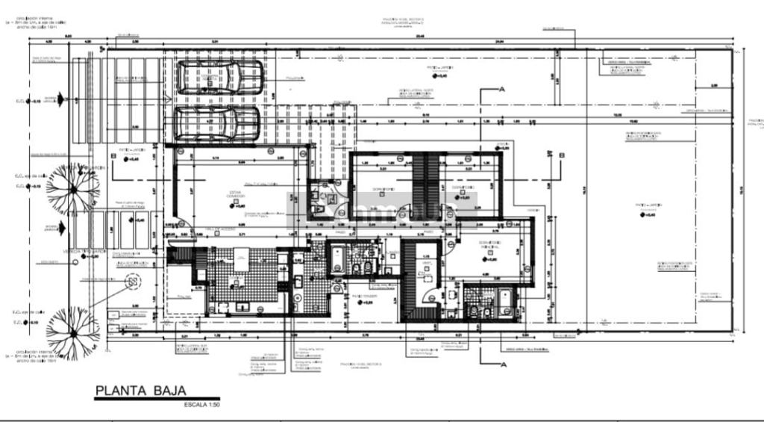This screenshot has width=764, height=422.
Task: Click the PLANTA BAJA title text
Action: (x=140, y=390)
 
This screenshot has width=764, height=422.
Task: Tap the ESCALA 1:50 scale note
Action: (x=201, y=406)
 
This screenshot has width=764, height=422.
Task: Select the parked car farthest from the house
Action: (x=219, y=77)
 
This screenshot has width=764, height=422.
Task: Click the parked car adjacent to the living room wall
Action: (x=217, y=122)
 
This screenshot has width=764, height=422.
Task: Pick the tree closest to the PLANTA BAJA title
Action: (x=73, y=331)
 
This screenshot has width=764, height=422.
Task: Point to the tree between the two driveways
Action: (x=73, y=187)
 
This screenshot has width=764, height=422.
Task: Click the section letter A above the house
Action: (x=502, y=89)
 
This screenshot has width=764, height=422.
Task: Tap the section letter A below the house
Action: (x=504, y=364)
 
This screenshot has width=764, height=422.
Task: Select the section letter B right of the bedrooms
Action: (x=562, y=155)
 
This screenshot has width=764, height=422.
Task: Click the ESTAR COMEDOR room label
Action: (x=235, y=195)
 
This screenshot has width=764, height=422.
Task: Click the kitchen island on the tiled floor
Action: (x=242, y=258)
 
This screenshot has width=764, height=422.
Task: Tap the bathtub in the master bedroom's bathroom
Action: (x=504, y=301)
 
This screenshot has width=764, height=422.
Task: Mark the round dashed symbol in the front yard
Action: (x=133, y=282)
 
